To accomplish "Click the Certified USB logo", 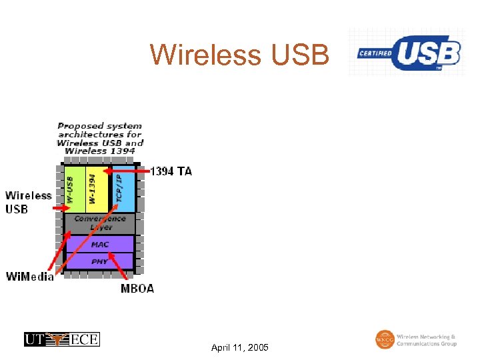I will pos(408,53).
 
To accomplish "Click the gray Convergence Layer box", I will pos(99,223).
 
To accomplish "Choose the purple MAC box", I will pos(99,244).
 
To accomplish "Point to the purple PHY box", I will pos(99,261).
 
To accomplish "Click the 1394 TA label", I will pos(171,171).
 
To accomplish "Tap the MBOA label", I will pos(137,289).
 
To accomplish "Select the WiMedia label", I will pos(29,277).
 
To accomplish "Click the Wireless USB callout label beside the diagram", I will pos(28,202).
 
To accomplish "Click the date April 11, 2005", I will pos(239,348).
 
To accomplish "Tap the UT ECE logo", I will pos(62,339).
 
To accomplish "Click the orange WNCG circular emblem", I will pos(385,339).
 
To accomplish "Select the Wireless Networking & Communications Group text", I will pos(427,340).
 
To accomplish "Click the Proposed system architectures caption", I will pos(100,138).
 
